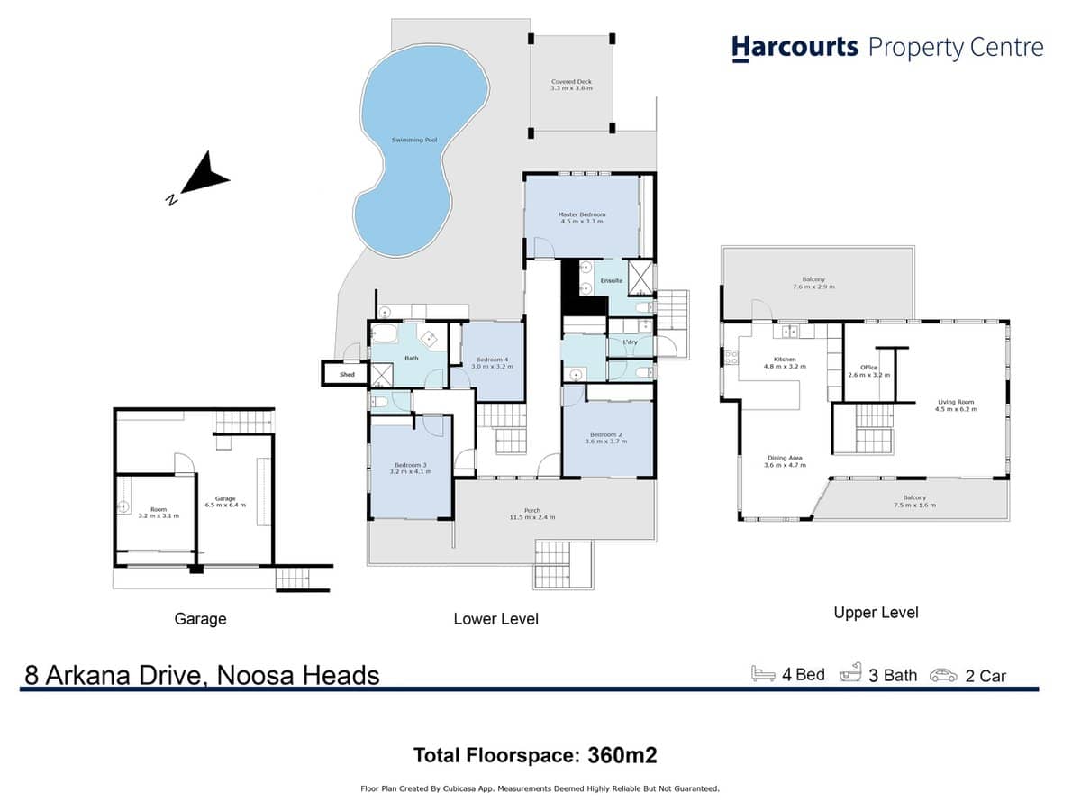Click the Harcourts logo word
click(x=794, y=47)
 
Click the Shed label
click(x=347, y=374)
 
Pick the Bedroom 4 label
click(x=492, y=360)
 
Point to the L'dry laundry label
click(x=630, y=342)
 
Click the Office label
click(x=868, y=368)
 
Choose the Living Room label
click(x=956, y=403)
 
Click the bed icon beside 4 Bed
click(x=763, y=674)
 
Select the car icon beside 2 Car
click(x=943, y=675)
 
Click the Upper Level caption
click(x=876, y=613)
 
